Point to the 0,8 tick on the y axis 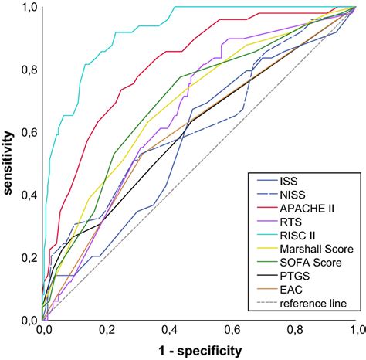[x=25, y=70]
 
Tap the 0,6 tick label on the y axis [x=25, y=133]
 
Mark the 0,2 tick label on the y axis [x=25, y=257]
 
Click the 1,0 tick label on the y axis [x=25, y=8]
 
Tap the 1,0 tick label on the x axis [x=355, y=330]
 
